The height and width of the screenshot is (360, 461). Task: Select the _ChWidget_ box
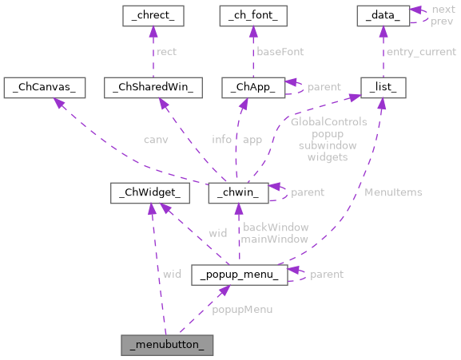tap(149, 192)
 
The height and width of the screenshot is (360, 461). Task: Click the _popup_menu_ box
tap(239, 275)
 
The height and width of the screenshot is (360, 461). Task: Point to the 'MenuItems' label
tap(393, 192)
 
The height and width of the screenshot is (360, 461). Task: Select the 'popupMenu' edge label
tap(242, 309)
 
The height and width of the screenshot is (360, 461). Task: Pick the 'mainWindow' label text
tap(275, 239)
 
